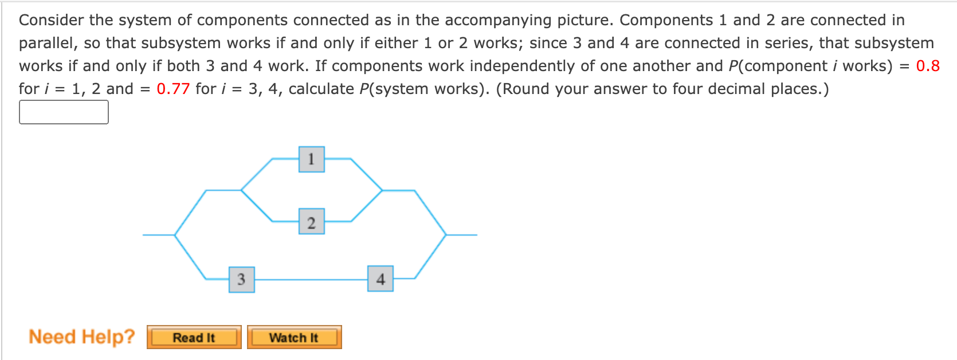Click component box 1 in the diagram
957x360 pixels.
pyautogui.click(x=311, y=159)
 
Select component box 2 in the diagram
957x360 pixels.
pyautogui.click(x=311, y=222)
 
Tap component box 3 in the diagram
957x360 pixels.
pyautogui.click(x=241, y=279)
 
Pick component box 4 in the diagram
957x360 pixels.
pyautogui.click(x=381, y=279)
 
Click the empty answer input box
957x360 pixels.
pyautogui.click(x=64, y=112)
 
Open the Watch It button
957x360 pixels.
pyautogui.click(x=294, y=337)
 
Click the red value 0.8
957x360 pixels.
pyautogui.click(x=927, y=66)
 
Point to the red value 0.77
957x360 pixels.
pyautogui.click(x=173, y=89)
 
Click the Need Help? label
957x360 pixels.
pyautogui.click(x=82, y=336)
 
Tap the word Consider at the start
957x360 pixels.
pyautogui.click(x=52, y=20)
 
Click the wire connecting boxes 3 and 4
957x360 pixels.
pyautogui.click(x=311, y=279)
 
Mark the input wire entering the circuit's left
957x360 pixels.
pyautogui.click(x=158, y=234)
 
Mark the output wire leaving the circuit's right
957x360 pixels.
pyautogui.click(x=461, y=234)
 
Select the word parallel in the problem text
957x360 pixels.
pyautogui.click(x=48, y=44)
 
